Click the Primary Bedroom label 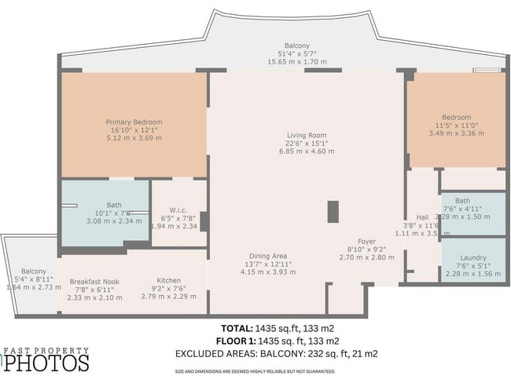[x=134, y=122]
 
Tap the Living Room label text [x=306, y=135]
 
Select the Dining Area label [x=268, y=256]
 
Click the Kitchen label [x=168, y=280]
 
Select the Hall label [x=421, y=217]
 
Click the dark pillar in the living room [x=332, y=211]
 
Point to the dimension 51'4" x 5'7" [x=297, y=53]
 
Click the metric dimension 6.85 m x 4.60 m [x=306, y=151]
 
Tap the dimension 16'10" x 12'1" [x=134, y=130]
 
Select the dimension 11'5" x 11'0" [x=456, y=126]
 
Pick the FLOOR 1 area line [x=277, y=341]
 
